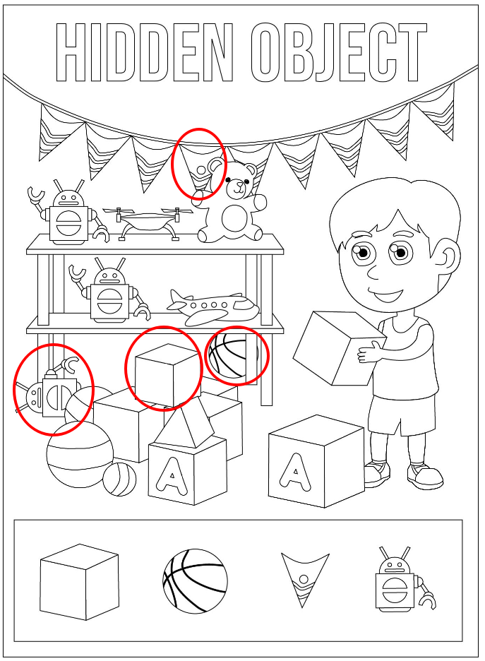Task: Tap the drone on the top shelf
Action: [x=148, y=222]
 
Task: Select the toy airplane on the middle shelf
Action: [x=213, y=307]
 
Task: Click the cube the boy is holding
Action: [x=339, y=347]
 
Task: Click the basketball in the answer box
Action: [x=195, y=581]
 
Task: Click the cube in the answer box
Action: [x=80, y=582]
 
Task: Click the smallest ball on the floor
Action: [x=120, y=480]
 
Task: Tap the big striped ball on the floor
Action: [x=80, y=455]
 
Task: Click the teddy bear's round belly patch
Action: [x=232, y=218]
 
